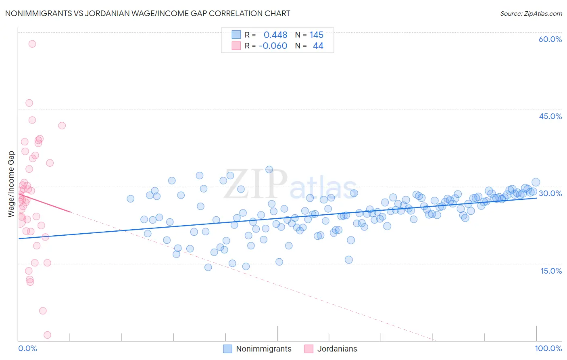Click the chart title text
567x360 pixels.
point(148,14)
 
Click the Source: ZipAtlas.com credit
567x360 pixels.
point(531,14)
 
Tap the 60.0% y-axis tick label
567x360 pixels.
point(550,39)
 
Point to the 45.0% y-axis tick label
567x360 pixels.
point(550,116)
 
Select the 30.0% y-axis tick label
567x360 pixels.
point(550,193)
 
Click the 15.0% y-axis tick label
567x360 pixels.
point(551,271)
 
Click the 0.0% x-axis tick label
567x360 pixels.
point(27,348)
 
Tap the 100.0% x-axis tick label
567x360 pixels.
point(548,348)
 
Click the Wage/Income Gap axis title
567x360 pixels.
point(11,184)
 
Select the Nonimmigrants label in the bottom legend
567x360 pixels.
point(263,349)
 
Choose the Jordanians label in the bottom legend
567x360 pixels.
point(337,349)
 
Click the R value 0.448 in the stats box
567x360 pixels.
point(275,35)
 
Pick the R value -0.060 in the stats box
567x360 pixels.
point(273,46)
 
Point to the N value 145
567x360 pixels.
point(317,35)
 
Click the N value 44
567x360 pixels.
point(318,46)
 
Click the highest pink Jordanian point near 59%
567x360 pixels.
point(32,44)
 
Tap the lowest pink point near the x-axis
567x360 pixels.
point(47,335)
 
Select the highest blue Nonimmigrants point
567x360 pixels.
point(269,170)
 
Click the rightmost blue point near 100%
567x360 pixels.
point(536,182)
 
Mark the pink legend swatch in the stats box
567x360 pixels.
point(236,46)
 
